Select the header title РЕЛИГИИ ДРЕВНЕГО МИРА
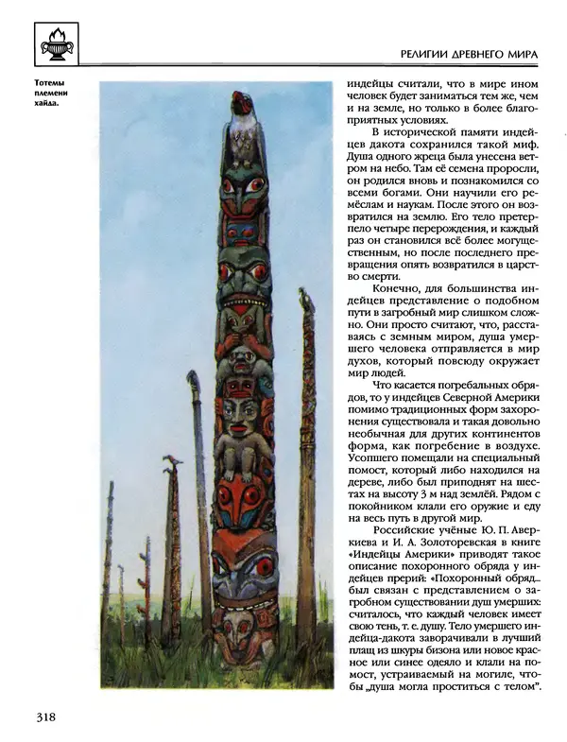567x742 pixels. (469, 57)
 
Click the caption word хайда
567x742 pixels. (45, 104)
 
